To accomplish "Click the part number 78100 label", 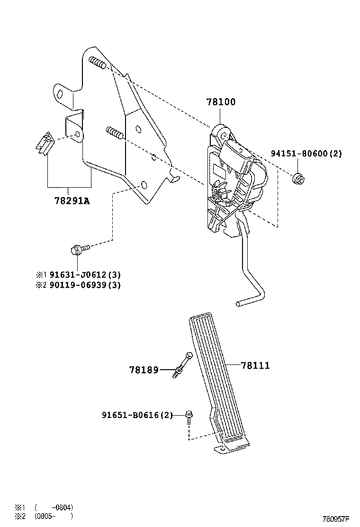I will pos(220,102).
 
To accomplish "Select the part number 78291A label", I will pos(72,201).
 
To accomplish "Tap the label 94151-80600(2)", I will pos(306,154).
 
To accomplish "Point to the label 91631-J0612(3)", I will pos(84,275).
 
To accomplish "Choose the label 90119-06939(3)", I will pos(84,285).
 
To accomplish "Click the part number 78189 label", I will pos(144,369).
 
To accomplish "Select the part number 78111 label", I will pos(255,365).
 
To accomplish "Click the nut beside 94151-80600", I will pos(298,179).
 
